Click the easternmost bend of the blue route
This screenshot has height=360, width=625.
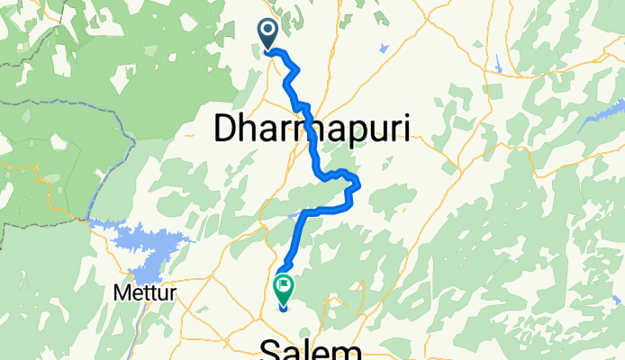(358, 185)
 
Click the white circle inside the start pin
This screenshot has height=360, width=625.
(268, 31)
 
